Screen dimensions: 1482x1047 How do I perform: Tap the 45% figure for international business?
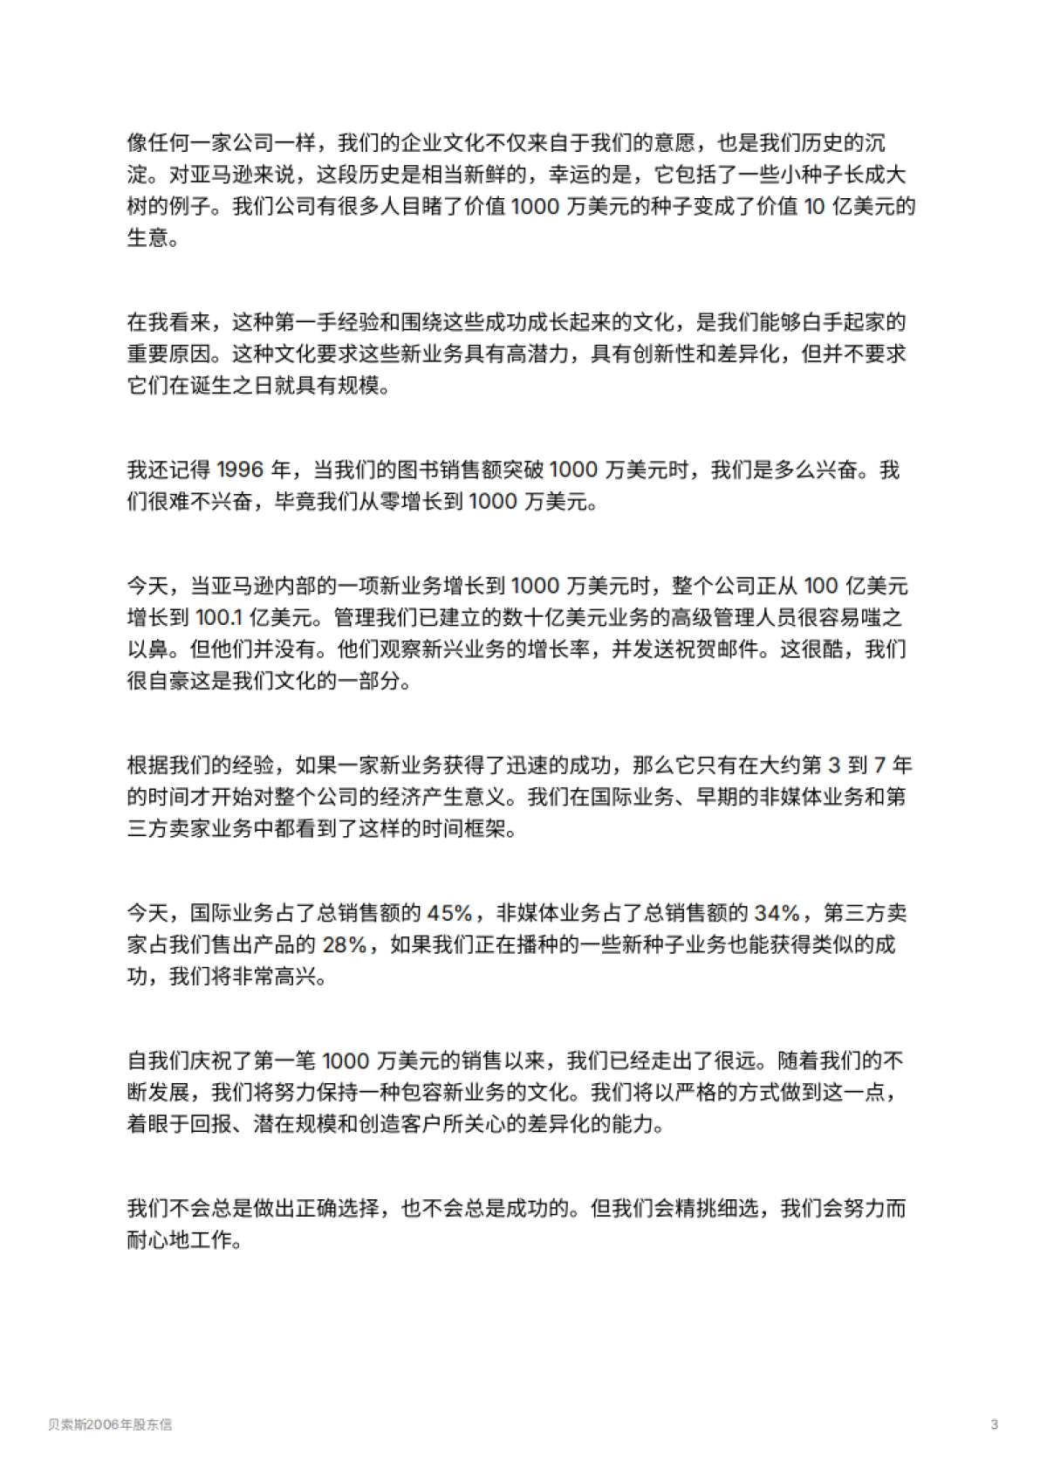pyautogui.click(x=449, y=914)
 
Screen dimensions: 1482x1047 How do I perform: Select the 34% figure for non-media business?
pyautogui.click(x=777, y=914)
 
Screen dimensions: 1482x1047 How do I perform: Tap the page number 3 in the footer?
pyautogui.click(x=995, y=1425)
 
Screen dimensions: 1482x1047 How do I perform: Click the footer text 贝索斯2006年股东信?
pyautogui.click(x=110, y=1425)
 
